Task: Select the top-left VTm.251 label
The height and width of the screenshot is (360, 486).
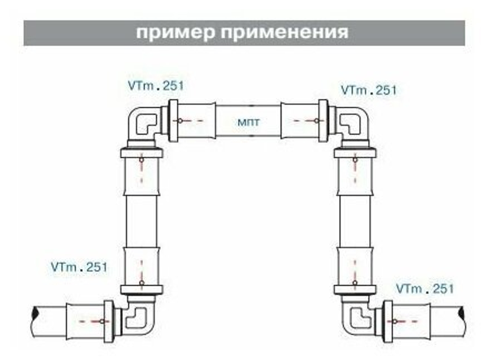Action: tap(156, 86)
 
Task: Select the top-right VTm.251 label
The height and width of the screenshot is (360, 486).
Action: tap(369, 90)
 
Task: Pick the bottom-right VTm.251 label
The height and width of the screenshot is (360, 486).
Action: tap(425, 288)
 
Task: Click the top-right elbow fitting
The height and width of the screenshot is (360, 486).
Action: tap(353, 124)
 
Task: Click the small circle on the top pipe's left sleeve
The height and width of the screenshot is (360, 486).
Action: tap(180, 120)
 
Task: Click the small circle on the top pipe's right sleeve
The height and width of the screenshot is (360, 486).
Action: tap(316, 120)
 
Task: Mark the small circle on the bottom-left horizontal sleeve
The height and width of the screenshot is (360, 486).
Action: tap(102, 321)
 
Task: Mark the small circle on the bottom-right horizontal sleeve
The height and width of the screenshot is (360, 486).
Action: tap(395, 321)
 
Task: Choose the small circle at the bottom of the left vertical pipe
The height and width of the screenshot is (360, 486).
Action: tap(142, 282)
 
